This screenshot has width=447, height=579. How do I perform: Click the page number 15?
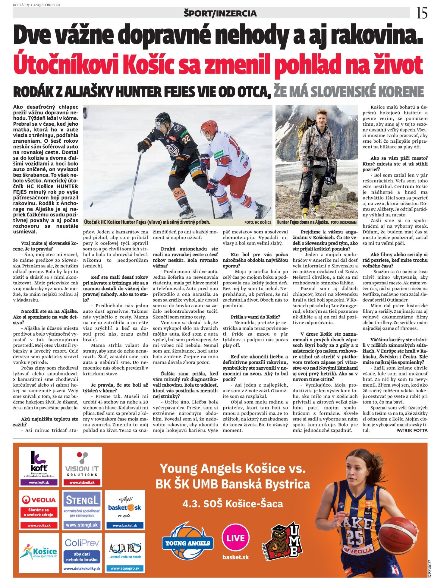pyautogui.click(x=422, y=13)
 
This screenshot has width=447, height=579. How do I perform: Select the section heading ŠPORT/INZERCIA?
pyautogui.click(x=220, y=13)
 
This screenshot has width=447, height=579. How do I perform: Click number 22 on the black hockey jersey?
pyautogui.click(x=186, y=139)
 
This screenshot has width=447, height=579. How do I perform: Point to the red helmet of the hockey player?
pyautogui.click(x=209, y=127)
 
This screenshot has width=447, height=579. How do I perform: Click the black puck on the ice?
pyautogui.click(x=91, y=205)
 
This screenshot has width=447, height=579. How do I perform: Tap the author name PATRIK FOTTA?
pyautogui.click(x=412, y=430)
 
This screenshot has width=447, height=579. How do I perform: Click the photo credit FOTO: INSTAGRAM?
pyautogui.click(x=343, y=223)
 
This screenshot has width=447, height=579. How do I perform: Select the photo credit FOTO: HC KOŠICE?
pyautogui.click(x=258, y=223)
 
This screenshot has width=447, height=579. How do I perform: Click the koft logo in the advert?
pyautogui.click(x=39, y=461)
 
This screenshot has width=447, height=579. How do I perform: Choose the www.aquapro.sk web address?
pyautogui.click(x=125, y=568)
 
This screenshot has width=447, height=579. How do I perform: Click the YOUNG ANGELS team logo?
pyautogui.click(x=187, y=543)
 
